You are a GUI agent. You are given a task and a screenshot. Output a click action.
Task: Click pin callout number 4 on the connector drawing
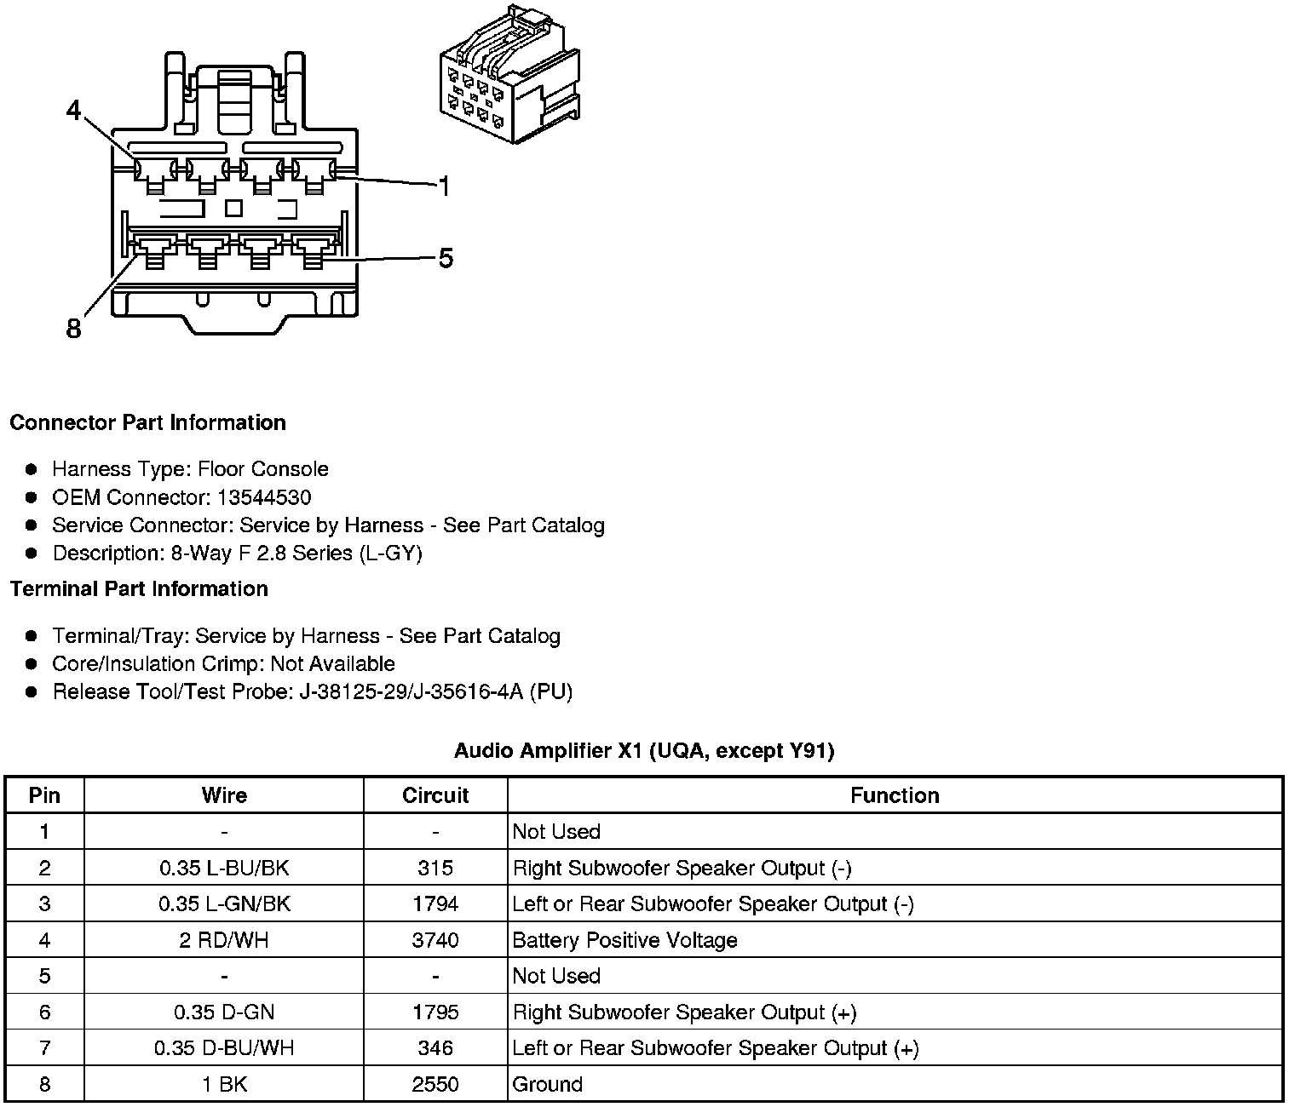pyautogui.click(x=74, y=111)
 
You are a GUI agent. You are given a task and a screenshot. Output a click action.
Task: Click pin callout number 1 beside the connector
pyautogui.click(x=443, y=186)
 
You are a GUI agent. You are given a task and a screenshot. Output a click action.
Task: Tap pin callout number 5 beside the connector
pyautogui.click(x=446, y=258)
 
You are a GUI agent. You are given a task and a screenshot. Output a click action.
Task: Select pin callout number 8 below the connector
pyautogui.click(x=74, y=328)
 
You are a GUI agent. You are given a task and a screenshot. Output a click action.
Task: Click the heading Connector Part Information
pyautogui.click(x=147, y=423)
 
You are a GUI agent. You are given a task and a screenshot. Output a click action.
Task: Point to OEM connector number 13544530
pyautogui.click(x=264, y=497)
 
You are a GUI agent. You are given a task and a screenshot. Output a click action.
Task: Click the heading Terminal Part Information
pyautogui.click(x=139, y=589)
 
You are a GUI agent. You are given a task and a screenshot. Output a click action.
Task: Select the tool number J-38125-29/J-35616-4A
pyautogui.click(x=412, y=691)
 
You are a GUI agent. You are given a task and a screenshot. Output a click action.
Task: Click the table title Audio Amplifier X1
pyautogui.click(x=644, y=750)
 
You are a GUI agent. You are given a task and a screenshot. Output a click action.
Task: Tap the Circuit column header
pyautogui.click(x=435, y=795)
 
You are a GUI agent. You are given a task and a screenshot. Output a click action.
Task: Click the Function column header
pyautogui.click(x=895, y=795)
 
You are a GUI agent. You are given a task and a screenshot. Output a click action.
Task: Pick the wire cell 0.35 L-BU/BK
pyautogui.click(x=224, y=869)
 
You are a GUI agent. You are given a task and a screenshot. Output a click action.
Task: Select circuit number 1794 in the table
pyautogui.click(x=435, y=904)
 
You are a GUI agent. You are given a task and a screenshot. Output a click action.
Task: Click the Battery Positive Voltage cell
pyautogui.click(x=624, y=940)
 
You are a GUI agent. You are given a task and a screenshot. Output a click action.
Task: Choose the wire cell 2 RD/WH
pyautogui.click(x=224, y=940)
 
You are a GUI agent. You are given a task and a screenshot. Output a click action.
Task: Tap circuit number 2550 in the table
pyautogui.click(x=435, y=1084)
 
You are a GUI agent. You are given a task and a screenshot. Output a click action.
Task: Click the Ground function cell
pyautogui.click(x=547, y=1084)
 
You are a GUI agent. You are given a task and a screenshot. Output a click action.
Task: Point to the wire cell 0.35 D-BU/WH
pyautogui.click(x=224, y=1048)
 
